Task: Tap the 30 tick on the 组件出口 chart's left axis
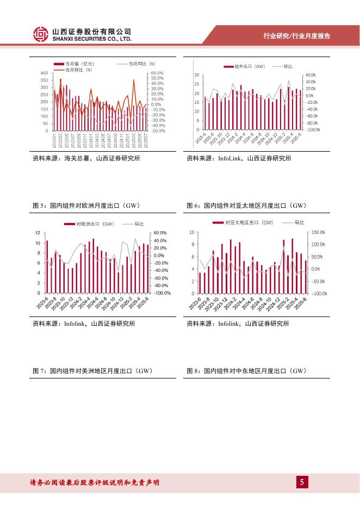pyautogui.click(x=198, y=75)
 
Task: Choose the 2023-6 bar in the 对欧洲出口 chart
pyautogui.click(x=47, y=266)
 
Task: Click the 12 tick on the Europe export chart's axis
pyautogui.click(x=37, y=233)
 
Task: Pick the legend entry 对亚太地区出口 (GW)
pyautogui.click(x=249, y=223)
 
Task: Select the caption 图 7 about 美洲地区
pyautogui.click(x=92, y=371)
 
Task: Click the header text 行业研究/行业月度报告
pyautogui.click(x=296, y=36)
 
